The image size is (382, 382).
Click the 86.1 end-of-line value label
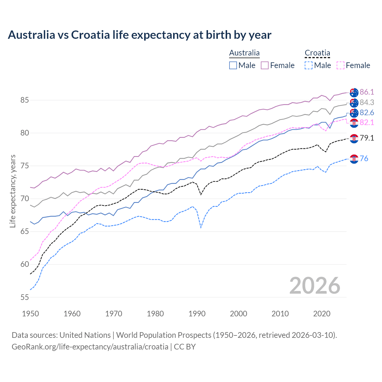[367, 92]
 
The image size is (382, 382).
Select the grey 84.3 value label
[367, 102]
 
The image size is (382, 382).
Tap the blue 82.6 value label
[367, 113]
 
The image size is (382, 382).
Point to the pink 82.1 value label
[367, 122]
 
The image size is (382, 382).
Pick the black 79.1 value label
[367, 138]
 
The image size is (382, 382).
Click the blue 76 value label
[364, 158]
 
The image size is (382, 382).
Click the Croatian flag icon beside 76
[354, 159]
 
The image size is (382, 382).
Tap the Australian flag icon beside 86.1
[354, 93]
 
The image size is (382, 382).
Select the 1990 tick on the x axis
[197, 314]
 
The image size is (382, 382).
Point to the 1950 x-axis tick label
[30, 314]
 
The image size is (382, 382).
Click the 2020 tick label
[322, 314]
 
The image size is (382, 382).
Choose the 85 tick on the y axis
[24, 100]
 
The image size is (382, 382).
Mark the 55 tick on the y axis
[24, 297]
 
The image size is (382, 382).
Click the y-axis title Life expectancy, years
[13, 191]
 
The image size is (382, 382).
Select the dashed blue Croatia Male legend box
[309, 65]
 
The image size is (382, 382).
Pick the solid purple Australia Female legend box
[265, 65]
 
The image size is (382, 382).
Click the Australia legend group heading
[244, 53]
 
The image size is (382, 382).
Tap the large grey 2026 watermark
[315, 286]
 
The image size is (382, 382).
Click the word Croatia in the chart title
[90, 35]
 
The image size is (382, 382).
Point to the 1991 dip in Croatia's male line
[201, 227]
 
